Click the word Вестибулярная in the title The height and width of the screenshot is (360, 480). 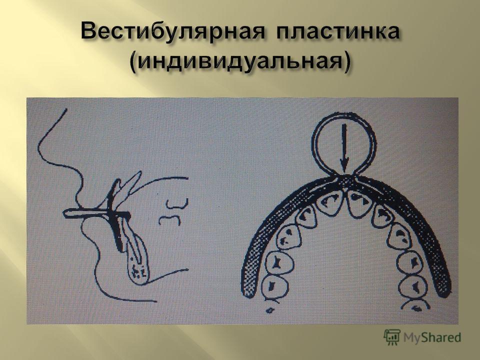[172, 32]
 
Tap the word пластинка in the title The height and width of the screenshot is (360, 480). [338, 31]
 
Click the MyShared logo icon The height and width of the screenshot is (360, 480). [392, 337]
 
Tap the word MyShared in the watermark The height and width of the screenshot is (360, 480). [432, 337]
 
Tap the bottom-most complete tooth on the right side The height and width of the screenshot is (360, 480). [413, 286]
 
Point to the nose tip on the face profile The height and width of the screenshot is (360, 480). [39, 150]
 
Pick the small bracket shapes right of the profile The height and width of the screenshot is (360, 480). [173, 212]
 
